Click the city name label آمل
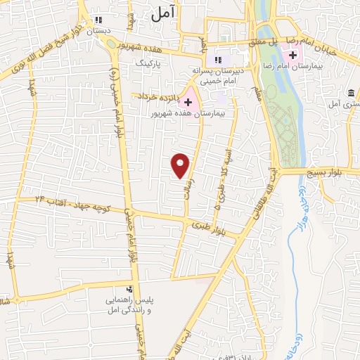point(162,14)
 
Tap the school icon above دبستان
point(98,20)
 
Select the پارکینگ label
point(148,63)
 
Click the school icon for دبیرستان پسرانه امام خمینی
point(217,60)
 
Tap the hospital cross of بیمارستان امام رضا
point(293,54)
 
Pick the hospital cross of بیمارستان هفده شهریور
point(188,102)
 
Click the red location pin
point(181,165)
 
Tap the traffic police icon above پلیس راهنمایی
point(129,290)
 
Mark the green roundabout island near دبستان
point(112,43)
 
